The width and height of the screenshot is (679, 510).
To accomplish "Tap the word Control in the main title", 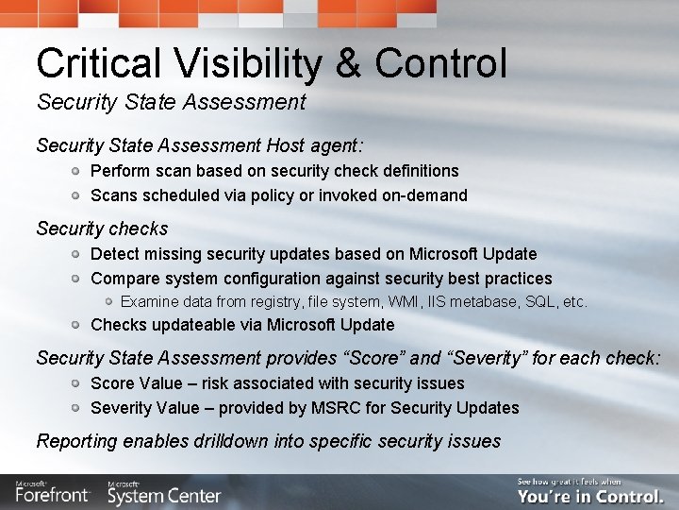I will pos(440,63).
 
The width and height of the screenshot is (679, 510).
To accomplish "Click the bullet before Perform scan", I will pos(76,171).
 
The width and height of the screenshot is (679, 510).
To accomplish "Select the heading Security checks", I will pos(102,229).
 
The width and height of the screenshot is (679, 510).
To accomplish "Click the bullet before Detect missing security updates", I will pos(76,254).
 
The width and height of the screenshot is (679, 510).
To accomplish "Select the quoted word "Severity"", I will pos(481,358).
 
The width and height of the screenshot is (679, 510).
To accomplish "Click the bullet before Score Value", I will pos(76,383).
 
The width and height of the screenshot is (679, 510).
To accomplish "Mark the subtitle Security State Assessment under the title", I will pos(171,101).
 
